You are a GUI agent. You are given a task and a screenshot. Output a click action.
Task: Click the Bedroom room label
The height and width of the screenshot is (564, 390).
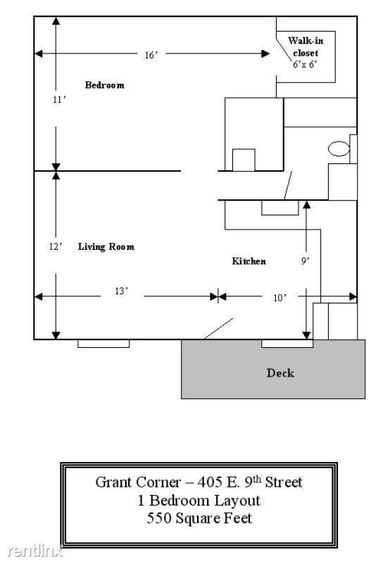[105, 85]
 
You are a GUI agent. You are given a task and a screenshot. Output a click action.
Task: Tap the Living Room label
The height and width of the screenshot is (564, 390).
[106, 246]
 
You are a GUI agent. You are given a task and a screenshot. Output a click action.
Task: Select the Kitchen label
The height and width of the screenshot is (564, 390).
[249, 261]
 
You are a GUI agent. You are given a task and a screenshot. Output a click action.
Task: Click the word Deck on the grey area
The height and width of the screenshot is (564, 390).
[280, 373]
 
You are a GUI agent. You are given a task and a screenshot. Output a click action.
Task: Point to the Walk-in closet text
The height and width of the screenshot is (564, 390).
[306, 46]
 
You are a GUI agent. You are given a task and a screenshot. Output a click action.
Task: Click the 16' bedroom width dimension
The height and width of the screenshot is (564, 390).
[151, 55]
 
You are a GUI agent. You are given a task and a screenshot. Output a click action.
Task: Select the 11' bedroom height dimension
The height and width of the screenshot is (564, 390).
[59, 100]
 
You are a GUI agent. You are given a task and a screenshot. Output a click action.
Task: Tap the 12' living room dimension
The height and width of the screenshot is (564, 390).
[56, 246]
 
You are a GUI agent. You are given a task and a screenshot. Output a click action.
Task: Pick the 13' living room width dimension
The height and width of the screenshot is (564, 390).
[122, 291]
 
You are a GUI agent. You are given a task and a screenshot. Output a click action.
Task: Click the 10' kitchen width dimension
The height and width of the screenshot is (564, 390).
[280, 298]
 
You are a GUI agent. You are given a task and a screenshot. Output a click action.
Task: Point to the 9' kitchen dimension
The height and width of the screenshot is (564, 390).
[306, 261]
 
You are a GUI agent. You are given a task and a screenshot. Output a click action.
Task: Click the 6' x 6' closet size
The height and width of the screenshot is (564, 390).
[305, 64]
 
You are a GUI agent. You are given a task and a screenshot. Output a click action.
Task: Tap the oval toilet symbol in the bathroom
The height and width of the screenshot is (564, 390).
[339, 149]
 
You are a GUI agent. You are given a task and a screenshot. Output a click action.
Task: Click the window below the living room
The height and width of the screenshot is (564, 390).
[103, 344]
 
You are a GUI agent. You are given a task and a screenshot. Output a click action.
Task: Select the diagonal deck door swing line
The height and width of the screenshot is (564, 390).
[218, 329]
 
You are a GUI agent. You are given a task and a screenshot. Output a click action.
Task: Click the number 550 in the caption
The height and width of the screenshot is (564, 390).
[159, 518]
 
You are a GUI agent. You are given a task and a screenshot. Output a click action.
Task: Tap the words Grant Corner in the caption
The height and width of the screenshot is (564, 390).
[138, 482]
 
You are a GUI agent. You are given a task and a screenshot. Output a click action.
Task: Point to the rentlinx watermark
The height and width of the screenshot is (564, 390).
[35, 551]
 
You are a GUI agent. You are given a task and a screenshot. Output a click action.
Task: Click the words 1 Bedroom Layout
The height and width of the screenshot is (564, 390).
[199, 501]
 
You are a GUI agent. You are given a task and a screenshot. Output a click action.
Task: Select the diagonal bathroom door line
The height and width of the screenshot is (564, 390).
[288, 185]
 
